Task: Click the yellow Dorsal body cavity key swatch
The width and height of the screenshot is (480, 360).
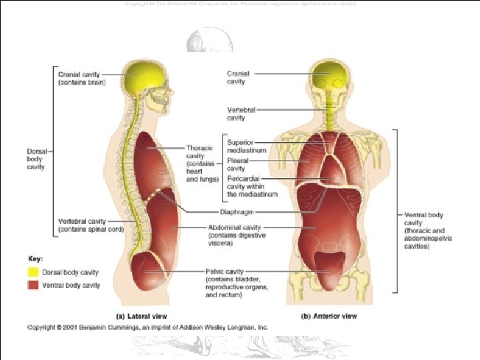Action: click(x=32, y=272)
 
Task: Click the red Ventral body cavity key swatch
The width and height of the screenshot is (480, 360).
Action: click(x=32, y=285)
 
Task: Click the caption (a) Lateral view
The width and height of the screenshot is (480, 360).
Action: click(x=142, y=315)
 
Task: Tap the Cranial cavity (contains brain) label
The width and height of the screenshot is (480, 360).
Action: click(x=82, y=79)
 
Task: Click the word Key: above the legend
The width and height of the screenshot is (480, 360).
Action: click(x=35, y=258)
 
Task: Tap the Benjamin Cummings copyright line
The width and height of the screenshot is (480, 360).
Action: click(x=147, y=327)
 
